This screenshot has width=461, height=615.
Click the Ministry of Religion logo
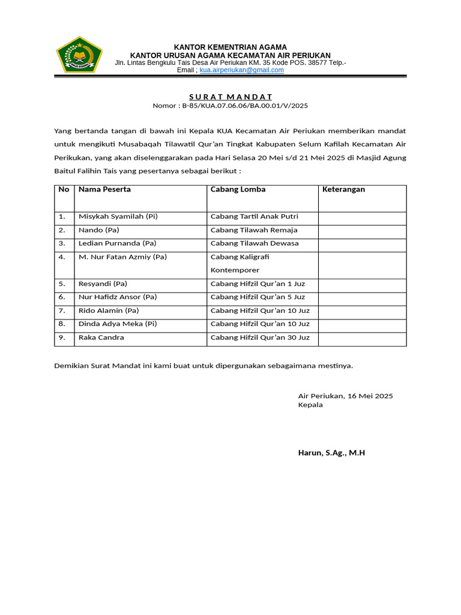coord(79,55)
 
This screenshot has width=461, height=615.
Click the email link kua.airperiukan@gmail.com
coord(241,70)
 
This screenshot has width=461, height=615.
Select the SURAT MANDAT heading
coord(230,97)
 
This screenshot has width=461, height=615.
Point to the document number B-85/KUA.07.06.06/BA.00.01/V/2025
coord(230,106)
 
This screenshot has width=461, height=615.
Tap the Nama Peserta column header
coord(104,190)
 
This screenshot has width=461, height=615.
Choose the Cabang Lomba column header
coord(238,190)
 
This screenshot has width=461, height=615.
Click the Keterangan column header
coord(343,190)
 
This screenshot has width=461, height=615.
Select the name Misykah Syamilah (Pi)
coord(118,217)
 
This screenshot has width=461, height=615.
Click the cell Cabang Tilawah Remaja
coord(254,230)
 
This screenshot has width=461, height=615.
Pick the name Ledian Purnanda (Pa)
coord(117,243)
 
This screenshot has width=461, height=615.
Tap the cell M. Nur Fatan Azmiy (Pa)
coord(122,257)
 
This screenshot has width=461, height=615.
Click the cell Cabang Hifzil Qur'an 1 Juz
coord(258,283)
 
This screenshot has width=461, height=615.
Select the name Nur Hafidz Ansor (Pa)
coord(118,297)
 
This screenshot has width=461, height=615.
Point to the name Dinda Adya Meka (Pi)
coord(118,324)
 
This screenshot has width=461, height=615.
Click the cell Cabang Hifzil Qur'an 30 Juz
coord(260,338)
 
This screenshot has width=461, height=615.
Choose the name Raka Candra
coord(101,338)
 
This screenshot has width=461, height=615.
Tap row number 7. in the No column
coord(62,311)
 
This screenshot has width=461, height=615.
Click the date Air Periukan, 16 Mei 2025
coord(345,396)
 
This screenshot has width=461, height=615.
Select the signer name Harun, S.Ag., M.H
coord(331,453)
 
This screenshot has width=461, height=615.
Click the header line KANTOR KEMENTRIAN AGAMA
coord(230,47)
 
